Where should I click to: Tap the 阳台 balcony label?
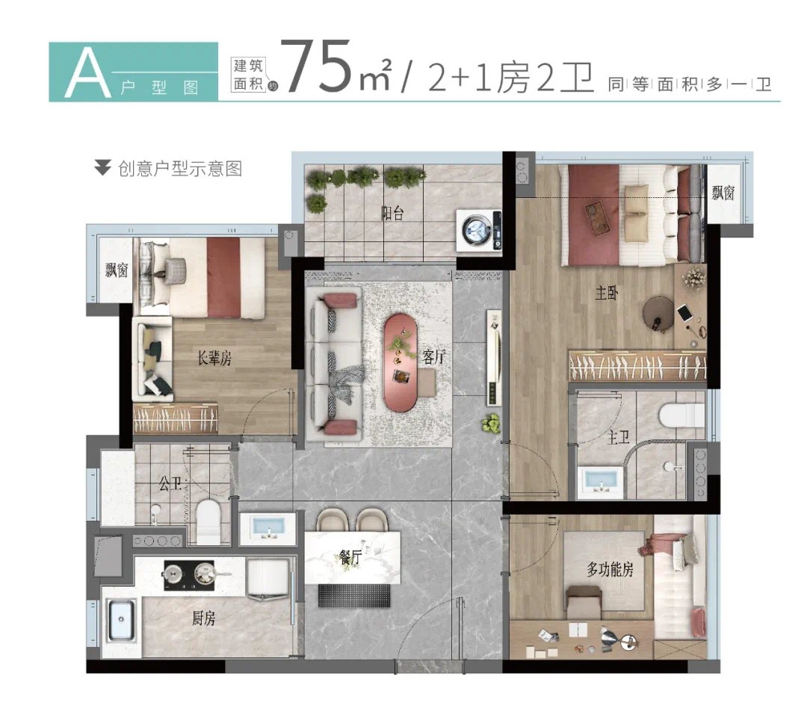(392, 214)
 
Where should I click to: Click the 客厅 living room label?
(433, 357)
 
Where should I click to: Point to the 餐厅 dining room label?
(350, 557)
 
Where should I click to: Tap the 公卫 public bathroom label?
(170, 484)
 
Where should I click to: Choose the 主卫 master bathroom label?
(614, 436)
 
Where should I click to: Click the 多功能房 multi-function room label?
(610, 570)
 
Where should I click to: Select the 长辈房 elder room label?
(214, 359)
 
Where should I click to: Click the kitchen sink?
(120, 622)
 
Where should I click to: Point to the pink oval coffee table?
(404, 362)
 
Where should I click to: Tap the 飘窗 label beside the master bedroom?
(723, 193)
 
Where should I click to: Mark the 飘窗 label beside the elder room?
(117, 270)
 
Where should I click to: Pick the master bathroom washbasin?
(600, 483)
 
